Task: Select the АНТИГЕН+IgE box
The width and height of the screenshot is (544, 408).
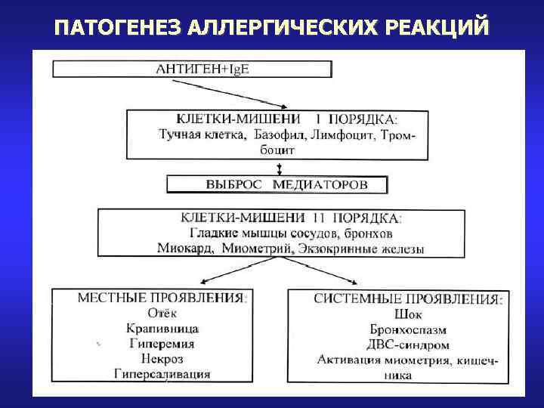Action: [x=192, y=69]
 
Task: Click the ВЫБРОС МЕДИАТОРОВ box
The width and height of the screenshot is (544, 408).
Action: [x=277, y=184]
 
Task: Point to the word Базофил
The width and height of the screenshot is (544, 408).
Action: [x=276, y=135]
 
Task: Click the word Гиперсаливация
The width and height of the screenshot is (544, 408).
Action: [x=162, y=373]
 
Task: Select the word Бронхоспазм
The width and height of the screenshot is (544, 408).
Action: [x=409, y=329]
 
